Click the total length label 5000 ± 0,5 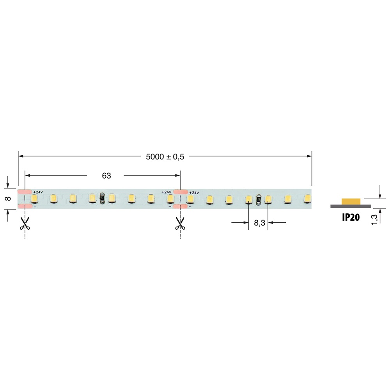[x=165, y=156]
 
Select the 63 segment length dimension [x=106, y=176]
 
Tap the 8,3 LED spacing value [x=260, y=223]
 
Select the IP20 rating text [x=351, y=217]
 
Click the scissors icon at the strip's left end [x=25, y=223]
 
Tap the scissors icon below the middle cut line [x=180, y=223]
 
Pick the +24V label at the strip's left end [x=38, y=192]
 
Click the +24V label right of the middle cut [x=194, y=192]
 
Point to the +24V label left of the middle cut [x=166, y=192]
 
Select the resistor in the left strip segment [x=102, y=199]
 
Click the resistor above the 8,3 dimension [x=258, y=199]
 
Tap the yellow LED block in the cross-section [x=351, y=201]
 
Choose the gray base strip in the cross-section [x=351, y=206]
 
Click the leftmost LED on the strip [x=34, y=199]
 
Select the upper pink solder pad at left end [x=25, y=192]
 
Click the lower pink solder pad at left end [x=25, y=206]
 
